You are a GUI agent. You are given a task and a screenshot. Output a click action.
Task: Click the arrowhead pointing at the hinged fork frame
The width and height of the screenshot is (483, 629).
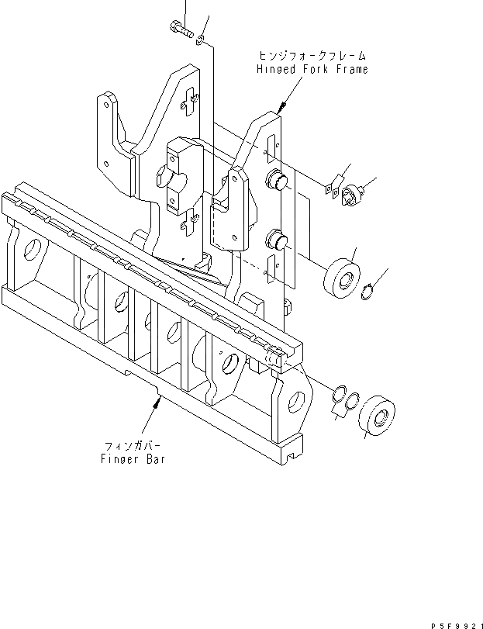(x=283, y=105)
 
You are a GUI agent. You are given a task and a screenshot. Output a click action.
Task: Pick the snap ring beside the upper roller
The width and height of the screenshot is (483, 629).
(x=371, y=291)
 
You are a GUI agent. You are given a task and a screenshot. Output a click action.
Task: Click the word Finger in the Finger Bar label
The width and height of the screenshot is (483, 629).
(x=119, y=458)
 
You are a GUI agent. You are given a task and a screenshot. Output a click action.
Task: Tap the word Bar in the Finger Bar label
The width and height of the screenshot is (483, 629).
(x=154, y=458)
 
